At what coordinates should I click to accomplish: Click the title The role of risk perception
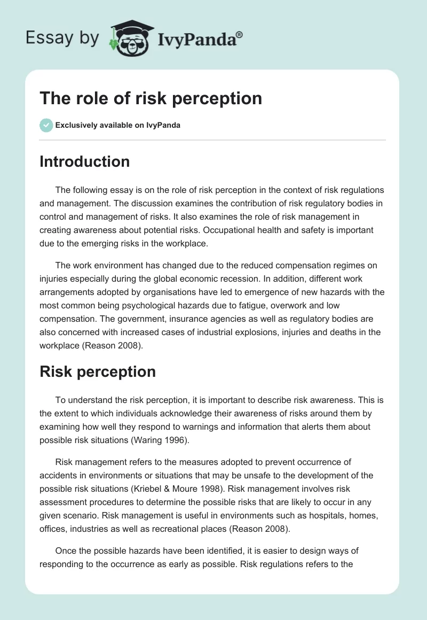pyautogui.click(x=151, y=98)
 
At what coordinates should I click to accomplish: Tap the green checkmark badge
pyautogui.click(x=46, y=125)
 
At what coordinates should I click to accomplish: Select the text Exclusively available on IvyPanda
pyautogui.click(x=118, y=126)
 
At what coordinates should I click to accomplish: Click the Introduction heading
pyautogui.click(x=84, y=161)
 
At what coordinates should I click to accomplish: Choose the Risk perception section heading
pyautogui.click(x=98, y=371)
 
